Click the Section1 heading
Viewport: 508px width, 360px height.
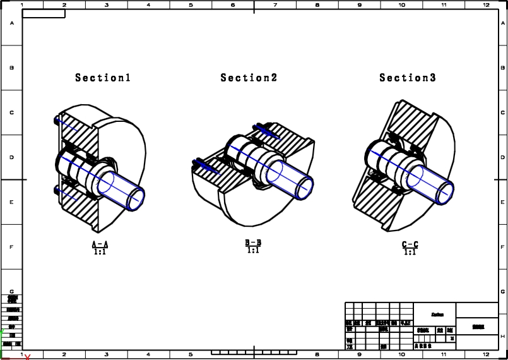click(103, 78)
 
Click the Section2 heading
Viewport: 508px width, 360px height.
click(249, 78)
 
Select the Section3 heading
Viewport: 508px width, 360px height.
click(407, 78)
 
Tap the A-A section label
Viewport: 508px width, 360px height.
click(100, 244)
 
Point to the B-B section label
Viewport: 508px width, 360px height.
click(253, 243)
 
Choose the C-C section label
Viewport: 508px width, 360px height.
click(410, 244)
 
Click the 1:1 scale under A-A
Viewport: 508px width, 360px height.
click(100, 252)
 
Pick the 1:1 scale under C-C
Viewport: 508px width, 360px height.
click(410, 252)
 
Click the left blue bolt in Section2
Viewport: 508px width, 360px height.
click(205, 166)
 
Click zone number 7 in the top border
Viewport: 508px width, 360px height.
click(275, 5)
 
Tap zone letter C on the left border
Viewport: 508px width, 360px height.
click(11, 112)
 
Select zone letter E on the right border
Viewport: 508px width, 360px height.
click(503, 202)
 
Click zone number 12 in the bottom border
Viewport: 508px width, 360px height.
click(486, 355)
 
